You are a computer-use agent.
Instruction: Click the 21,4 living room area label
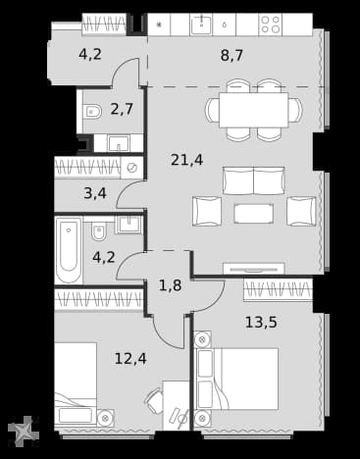[187, 160]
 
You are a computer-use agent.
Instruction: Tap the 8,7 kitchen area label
[231, 55]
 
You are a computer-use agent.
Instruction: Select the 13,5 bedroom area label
[261, 323]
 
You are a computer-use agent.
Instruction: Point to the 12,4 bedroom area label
[130, 359]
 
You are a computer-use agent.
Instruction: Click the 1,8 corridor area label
[170, 285]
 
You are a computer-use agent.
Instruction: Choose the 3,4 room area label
[95, 193]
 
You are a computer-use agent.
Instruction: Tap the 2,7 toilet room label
[122, 109]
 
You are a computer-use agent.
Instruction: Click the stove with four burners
[271, 25]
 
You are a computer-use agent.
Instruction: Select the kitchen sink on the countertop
[202, 25]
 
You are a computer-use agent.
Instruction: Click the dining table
[253, 110]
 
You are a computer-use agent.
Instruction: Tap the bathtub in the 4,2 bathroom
[69, 250]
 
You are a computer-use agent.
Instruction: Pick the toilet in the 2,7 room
[92, 111]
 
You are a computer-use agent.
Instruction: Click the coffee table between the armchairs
[254, 214]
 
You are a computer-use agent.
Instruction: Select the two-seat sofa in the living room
[254, 180]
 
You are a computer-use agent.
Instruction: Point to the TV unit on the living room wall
[254, 269]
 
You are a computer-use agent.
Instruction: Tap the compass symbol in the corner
[24, 432]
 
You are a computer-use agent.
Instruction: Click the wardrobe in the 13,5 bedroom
[278, 289]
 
